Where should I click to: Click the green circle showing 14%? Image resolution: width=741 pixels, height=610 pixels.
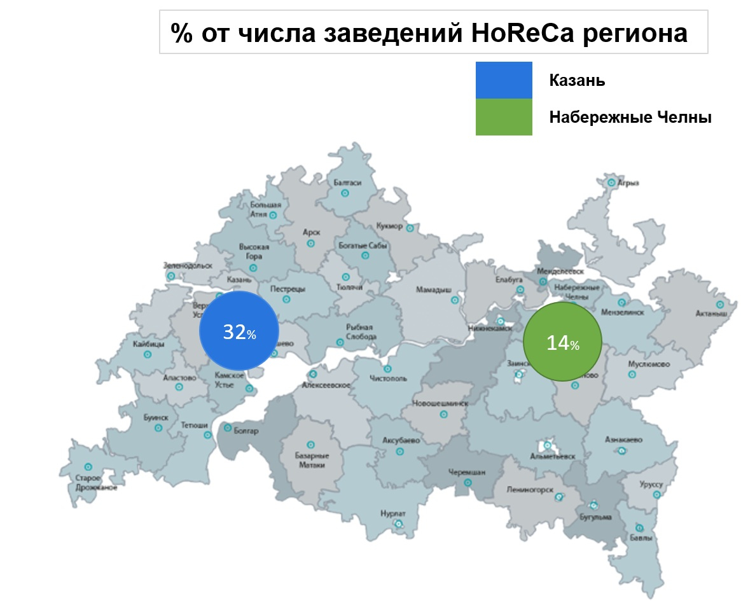point(562,342)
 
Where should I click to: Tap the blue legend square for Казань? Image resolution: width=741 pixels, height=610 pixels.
point(504,80)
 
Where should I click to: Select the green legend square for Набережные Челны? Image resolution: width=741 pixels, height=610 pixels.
point(504,117)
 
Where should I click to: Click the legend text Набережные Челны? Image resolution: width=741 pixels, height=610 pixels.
point(630,118)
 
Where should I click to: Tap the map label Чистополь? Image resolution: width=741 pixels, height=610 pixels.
point(388,379)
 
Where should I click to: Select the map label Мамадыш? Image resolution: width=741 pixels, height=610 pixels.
point(434,289)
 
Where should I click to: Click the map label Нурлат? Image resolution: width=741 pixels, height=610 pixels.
point(392,513)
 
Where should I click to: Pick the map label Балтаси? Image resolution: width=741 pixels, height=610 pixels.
point(347,183)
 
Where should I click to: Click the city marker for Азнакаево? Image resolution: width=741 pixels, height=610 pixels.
point(622,450)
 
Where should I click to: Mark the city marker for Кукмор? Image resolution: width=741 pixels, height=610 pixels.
point(410,227)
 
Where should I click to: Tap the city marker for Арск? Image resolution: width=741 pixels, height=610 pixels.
point(311,243)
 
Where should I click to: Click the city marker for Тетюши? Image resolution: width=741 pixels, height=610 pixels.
point(207,435)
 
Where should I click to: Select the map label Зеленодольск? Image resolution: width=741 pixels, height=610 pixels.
point(188,265)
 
